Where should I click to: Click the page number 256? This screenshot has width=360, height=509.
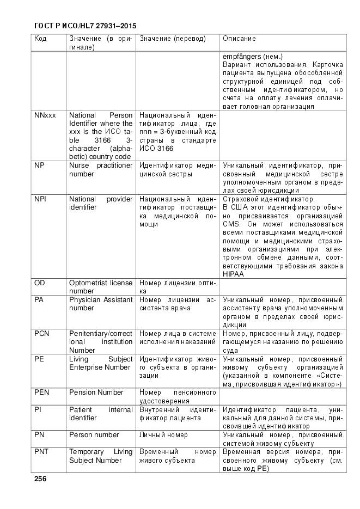[40, 479]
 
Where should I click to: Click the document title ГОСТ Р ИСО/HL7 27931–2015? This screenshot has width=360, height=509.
[85, 26]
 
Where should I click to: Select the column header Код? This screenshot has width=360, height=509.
[41, 39]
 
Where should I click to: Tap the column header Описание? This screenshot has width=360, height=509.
[240, 39]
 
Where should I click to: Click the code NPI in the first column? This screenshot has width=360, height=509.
[40, 199]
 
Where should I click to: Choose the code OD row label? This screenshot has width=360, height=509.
[40, 283]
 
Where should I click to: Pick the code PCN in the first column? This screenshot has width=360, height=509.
[42, 333]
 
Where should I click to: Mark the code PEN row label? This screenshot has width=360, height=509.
[42, 392]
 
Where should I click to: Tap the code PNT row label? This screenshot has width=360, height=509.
[42, 451]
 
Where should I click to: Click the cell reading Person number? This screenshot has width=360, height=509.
[94, 434]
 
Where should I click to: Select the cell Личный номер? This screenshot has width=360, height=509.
[163, 434]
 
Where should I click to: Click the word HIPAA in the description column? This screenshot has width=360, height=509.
[233, 274]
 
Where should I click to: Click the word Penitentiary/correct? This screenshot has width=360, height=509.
[101, 333]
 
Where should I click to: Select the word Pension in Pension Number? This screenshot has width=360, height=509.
[82, 392]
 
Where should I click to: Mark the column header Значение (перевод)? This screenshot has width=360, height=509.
[173, 39]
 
